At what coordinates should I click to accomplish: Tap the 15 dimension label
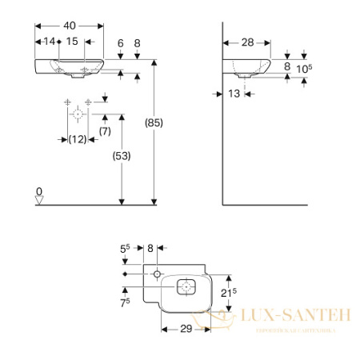click(72, 42)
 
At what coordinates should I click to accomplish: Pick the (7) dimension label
click(104, 130)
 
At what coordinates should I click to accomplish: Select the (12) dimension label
click(77, 139)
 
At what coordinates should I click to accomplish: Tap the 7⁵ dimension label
click(124, 303)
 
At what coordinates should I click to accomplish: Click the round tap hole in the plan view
click(158, 274)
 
